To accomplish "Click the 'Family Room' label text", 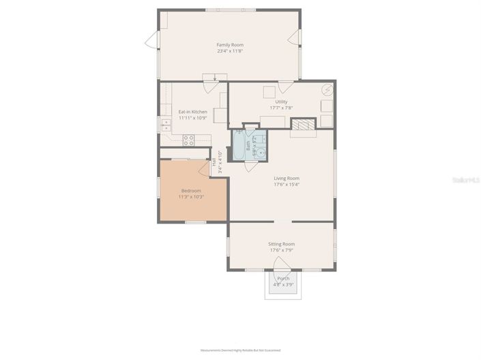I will coord(230,45).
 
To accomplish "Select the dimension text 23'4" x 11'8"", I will coord(230,51).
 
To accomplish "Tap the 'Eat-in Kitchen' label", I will coord(192,112).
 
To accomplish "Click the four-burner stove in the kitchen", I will coord(189,140).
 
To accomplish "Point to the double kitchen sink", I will coord(166,125).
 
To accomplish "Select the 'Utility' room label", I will coord(281,102).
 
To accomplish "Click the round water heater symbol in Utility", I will coord(327,89).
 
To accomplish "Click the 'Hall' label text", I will coord(214,162).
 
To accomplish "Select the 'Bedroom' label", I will coord(191,190).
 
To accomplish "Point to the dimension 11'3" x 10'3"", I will coord(191,196).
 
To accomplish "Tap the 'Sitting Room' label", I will coord(281,243).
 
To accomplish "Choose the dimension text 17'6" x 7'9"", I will coord(281,250).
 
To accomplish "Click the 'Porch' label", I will coord(282,278).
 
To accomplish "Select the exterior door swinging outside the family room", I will coord(151,41).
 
